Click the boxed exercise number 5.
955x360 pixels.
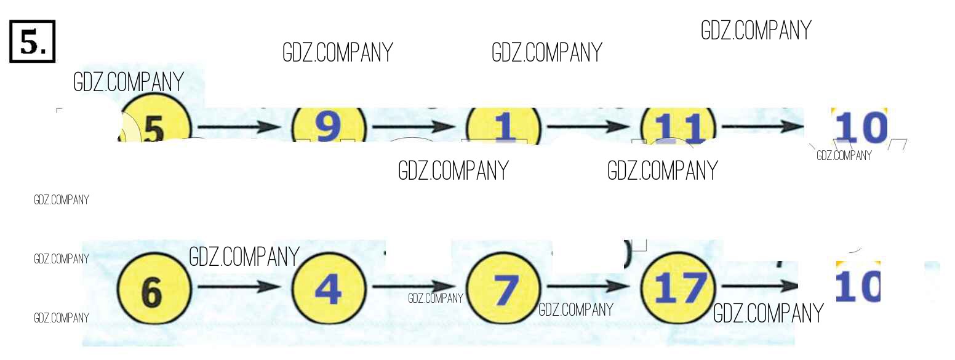point(33,41)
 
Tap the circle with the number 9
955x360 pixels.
point(328,126)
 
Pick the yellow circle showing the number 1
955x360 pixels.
point(503,127)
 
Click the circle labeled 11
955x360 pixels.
point(678,127)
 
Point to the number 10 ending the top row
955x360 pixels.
point(860,127)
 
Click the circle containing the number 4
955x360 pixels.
point(328,288)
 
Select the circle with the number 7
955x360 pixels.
point(503,288)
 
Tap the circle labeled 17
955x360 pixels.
point(678,288)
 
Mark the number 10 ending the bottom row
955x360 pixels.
point(858,284)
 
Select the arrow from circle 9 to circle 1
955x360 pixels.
point(414,127)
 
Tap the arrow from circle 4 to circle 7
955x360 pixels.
point(414,287)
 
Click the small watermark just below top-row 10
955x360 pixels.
point(844,156)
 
